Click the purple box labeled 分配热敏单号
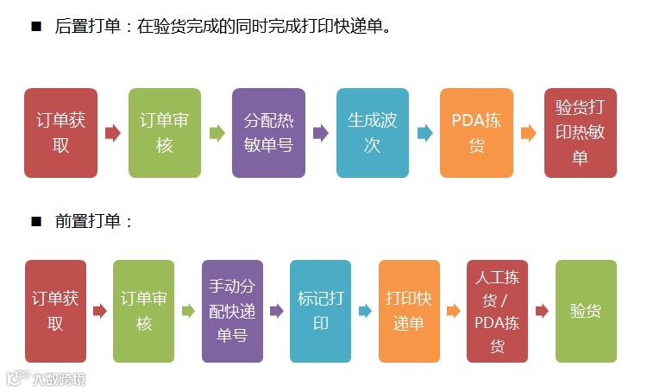(268, 133)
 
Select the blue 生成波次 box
(372, 133)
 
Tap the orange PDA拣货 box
(476, 133)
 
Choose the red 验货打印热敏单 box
(581, 133)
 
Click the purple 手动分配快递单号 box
(232, 311)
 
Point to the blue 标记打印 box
(320, 311)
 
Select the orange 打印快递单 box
(409, 311)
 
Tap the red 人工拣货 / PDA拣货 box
(497, 311)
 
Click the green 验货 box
(586, 311)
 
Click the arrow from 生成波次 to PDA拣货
(424, 133)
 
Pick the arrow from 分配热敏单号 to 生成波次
(320, 133)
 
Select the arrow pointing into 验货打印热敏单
(529, 133)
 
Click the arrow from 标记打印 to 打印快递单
(365, 311)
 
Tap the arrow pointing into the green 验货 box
(542, 311)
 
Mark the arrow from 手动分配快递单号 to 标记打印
(276, 311)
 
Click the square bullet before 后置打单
(36, 27)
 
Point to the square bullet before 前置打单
(36, 222)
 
